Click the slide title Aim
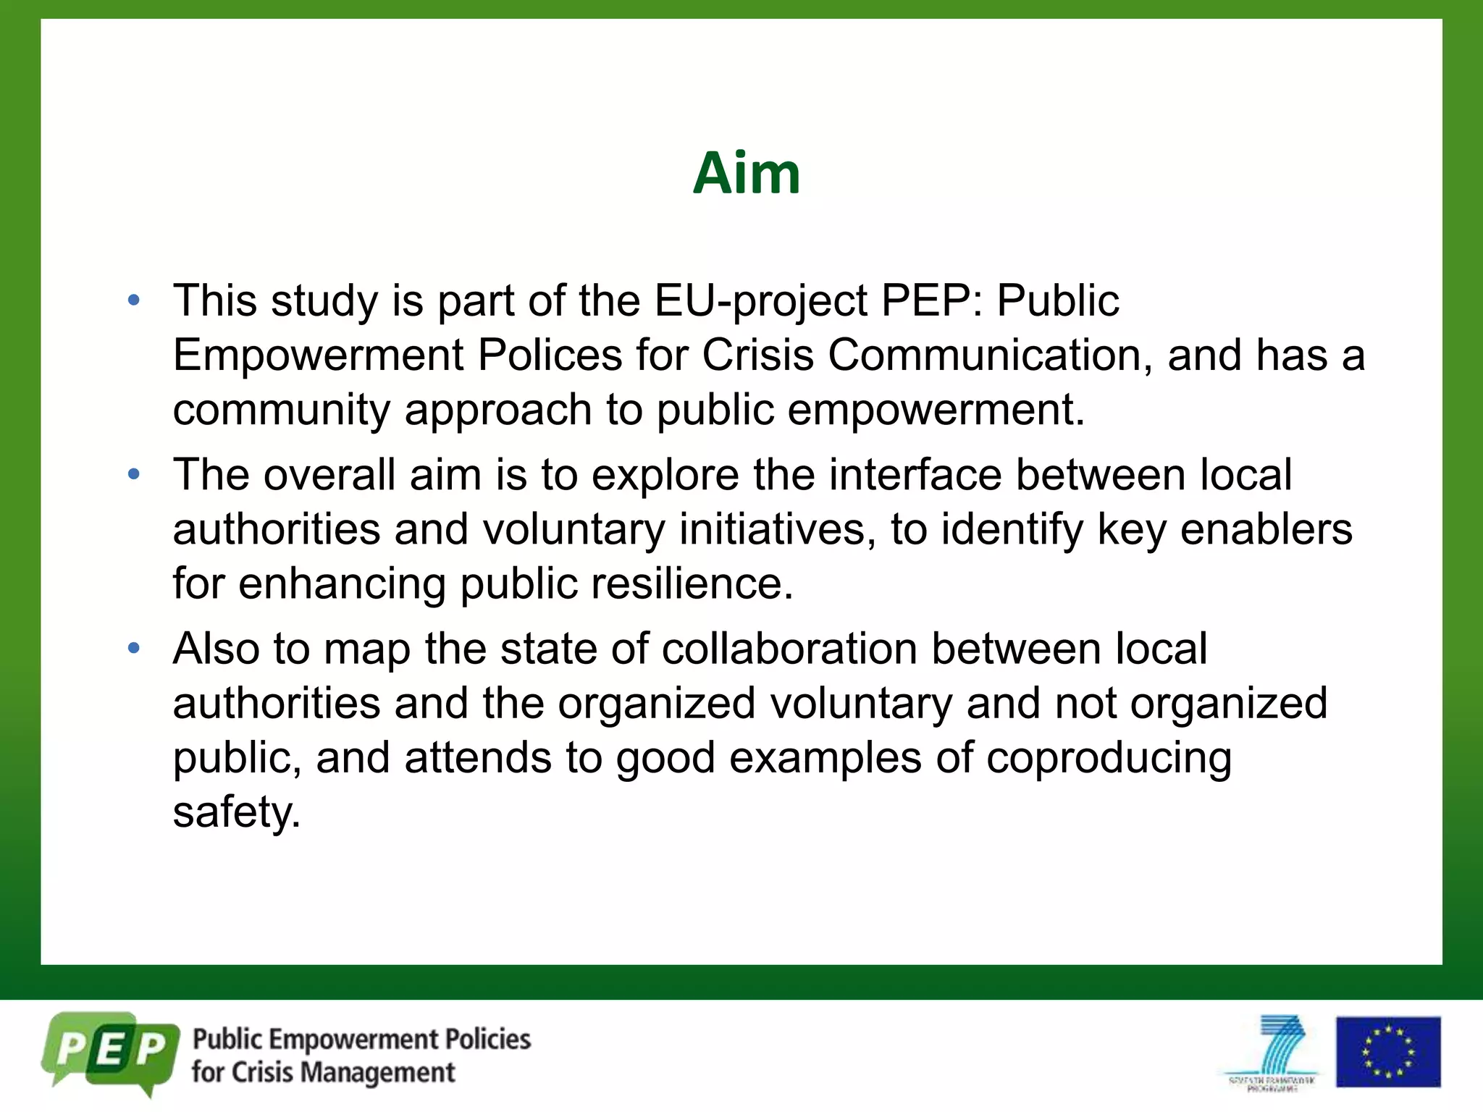tap(746, 174)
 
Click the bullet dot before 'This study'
tap(134, 301)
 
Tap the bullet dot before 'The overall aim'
tap(134, 475)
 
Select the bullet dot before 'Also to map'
tap(134, 649)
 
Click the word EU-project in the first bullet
tap(760, 301)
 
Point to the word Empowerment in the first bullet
tap(319, 355)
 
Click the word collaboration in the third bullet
tap(789, 649)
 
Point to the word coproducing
tap(1109, 758)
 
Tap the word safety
tap(236, 812)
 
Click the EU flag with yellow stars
tap(1387, 1052)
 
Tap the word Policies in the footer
tap(487, 1040)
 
